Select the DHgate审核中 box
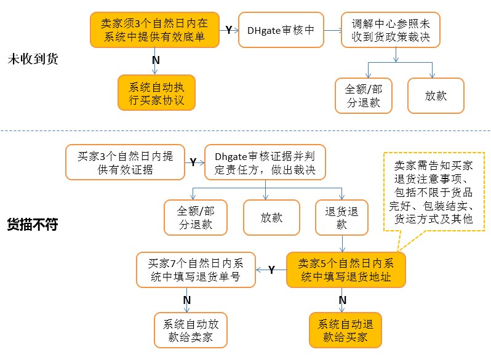pos(281,29)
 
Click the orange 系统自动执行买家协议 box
pos(156,93)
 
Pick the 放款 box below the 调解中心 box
pos(436,96)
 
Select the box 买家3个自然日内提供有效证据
pos(125,162)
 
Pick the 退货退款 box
pos(341,218)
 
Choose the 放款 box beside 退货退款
pos(271,218)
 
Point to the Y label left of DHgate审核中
pos(228,30)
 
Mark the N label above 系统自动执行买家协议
pos(156,60)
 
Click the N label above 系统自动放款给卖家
pos(187,299)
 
